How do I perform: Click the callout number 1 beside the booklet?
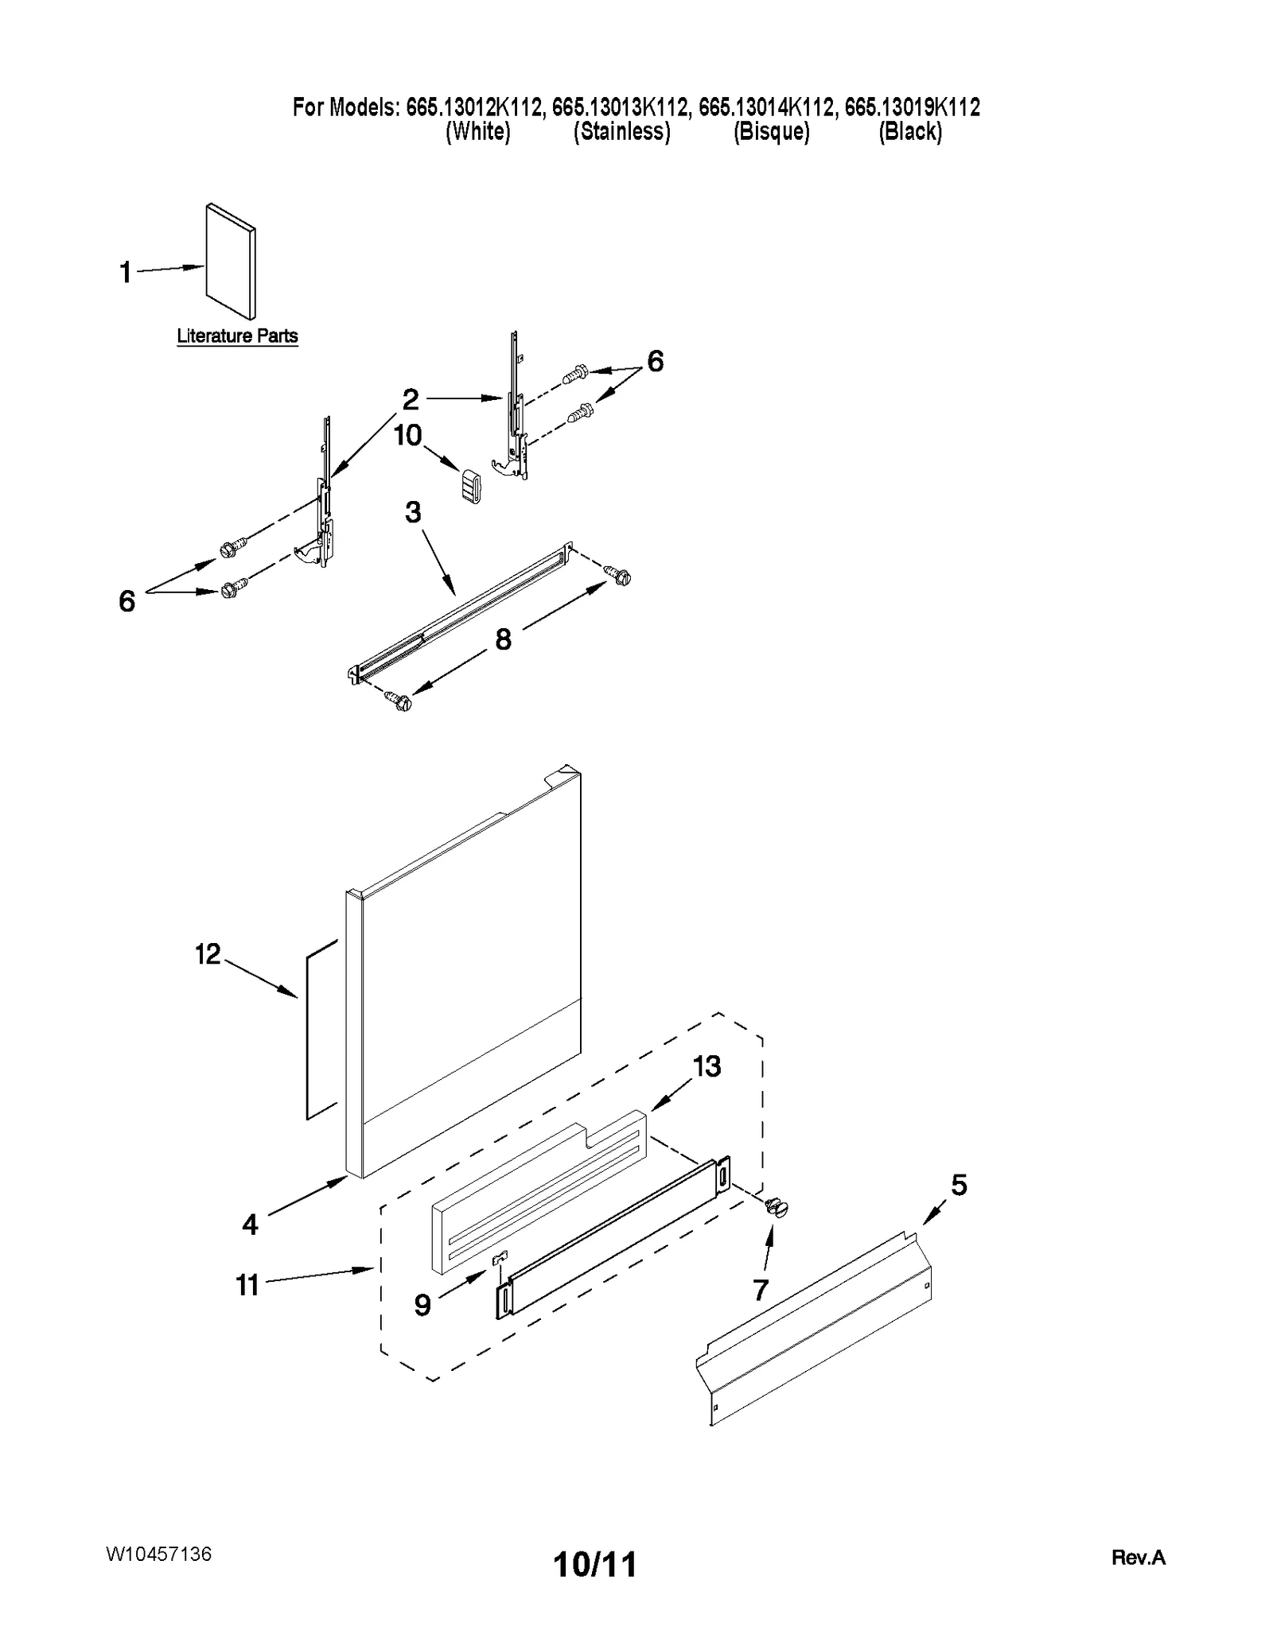[x=125, y=273]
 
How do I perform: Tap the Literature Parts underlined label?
[x=237, y=336]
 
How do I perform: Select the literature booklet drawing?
[x=232, y=261]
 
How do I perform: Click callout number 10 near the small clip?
[x=407, y=435]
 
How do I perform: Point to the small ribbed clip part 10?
[x=471, y=486]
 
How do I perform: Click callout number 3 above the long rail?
[x=412, y=512]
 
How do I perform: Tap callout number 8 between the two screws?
[x=503, y=639]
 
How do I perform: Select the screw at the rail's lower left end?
[x=398, y=701]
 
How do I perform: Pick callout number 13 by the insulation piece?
[x=707, y=1066]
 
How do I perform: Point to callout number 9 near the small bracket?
[x=422, y=1304]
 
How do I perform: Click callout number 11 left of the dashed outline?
[x=247, y=1285]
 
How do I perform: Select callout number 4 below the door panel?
[x=250, y=1225]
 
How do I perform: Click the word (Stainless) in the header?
[x=621, y=131]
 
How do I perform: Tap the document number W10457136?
[x=158, y=1554]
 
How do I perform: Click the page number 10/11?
[x=594, y=1565]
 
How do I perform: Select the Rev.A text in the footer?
[x=1138, y=1558]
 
